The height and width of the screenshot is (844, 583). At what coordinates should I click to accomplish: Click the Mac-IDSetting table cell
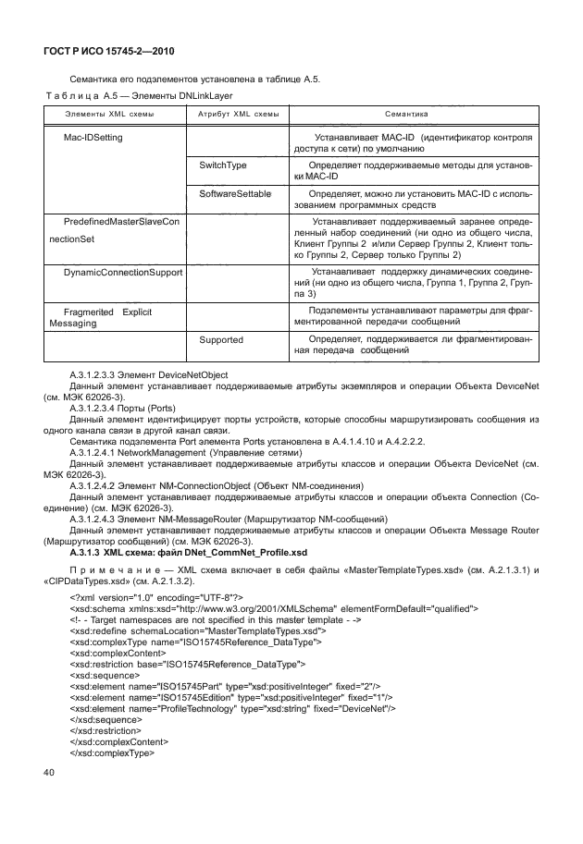pos(93,137)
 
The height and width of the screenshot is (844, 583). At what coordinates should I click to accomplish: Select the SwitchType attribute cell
pos(223,165)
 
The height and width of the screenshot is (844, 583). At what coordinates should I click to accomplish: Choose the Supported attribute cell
pos(221,340)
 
